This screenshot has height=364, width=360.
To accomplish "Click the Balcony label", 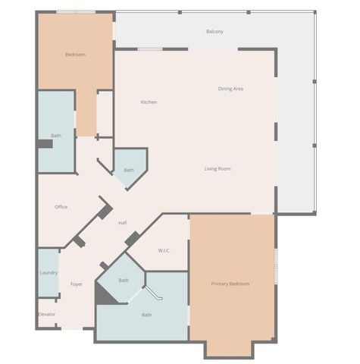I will click(x=214, y=31).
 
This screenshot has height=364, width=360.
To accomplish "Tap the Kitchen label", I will click(x=149, y=102).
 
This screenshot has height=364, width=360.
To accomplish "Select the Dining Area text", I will click(x=230, y=89).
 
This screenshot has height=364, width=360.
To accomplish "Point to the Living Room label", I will click(x=218, y=168).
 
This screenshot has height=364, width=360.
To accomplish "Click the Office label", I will click(x=61, y=206).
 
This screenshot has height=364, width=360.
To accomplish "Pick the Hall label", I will click(x=122, y=222).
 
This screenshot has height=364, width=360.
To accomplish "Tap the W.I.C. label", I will click(x=164, y=250).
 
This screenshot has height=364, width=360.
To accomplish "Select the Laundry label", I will click(x=49, y=273).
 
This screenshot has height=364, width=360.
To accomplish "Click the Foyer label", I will click(x=77, y=284).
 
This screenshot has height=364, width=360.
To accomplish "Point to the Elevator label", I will click(x=47, y=313).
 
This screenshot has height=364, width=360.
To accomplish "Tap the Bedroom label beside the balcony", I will click(x=75, y=55).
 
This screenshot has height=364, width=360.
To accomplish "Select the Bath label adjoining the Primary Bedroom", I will click(x=146, y=315).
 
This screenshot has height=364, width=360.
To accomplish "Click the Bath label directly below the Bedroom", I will click(x=56, y=136).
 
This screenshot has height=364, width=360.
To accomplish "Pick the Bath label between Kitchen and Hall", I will click(x=129, y=170).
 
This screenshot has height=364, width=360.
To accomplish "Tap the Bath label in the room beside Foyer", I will click(x=124, y=280).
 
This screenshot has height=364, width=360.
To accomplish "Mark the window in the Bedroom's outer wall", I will click(x=76, y=11).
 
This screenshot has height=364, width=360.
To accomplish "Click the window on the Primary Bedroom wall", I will click(x=276, y=266).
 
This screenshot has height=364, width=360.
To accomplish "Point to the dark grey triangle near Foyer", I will click(x=104, y=295).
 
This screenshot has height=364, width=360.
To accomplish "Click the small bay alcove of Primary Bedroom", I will click(x=229, y=349).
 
